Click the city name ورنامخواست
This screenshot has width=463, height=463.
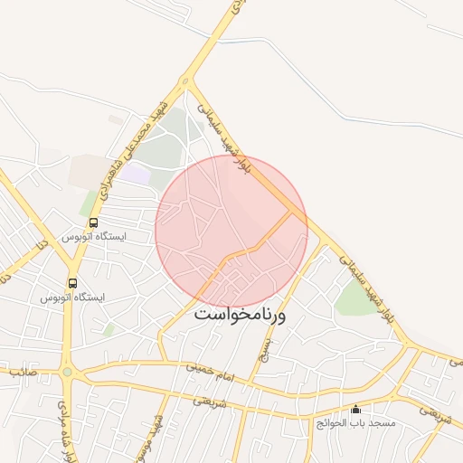pos(240,316)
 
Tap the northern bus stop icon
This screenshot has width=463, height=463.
pos(93,222)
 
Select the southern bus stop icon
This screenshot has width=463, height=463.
pos(72,283)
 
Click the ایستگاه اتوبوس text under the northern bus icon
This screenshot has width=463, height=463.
pos(94,236)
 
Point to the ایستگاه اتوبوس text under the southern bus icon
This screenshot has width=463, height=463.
pos(73,298)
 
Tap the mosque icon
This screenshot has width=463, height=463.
pos(355,409)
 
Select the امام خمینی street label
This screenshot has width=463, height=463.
pos(210,369)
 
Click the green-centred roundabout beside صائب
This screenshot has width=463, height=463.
pos(67,372)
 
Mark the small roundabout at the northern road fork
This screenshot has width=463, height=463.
pos(186,82)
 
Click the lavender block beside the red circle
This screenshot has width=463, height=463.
pos(136,175)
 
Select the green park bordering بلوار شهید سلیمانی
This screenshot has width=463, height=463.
pos(356,298)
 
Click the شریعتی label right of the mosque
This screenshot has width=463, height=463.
pos(435,415)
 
